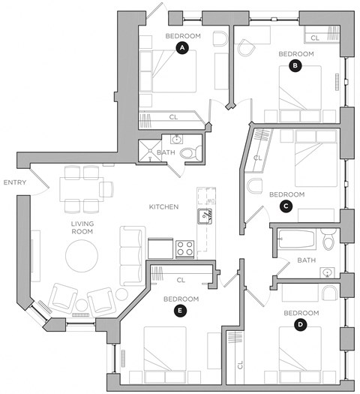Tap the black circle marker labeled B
295,66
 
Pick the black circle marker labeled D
300,324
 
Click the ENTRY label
15,182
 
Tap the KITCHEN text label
163,206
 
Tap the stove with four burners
185,248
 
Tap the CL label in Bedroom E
180,280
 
